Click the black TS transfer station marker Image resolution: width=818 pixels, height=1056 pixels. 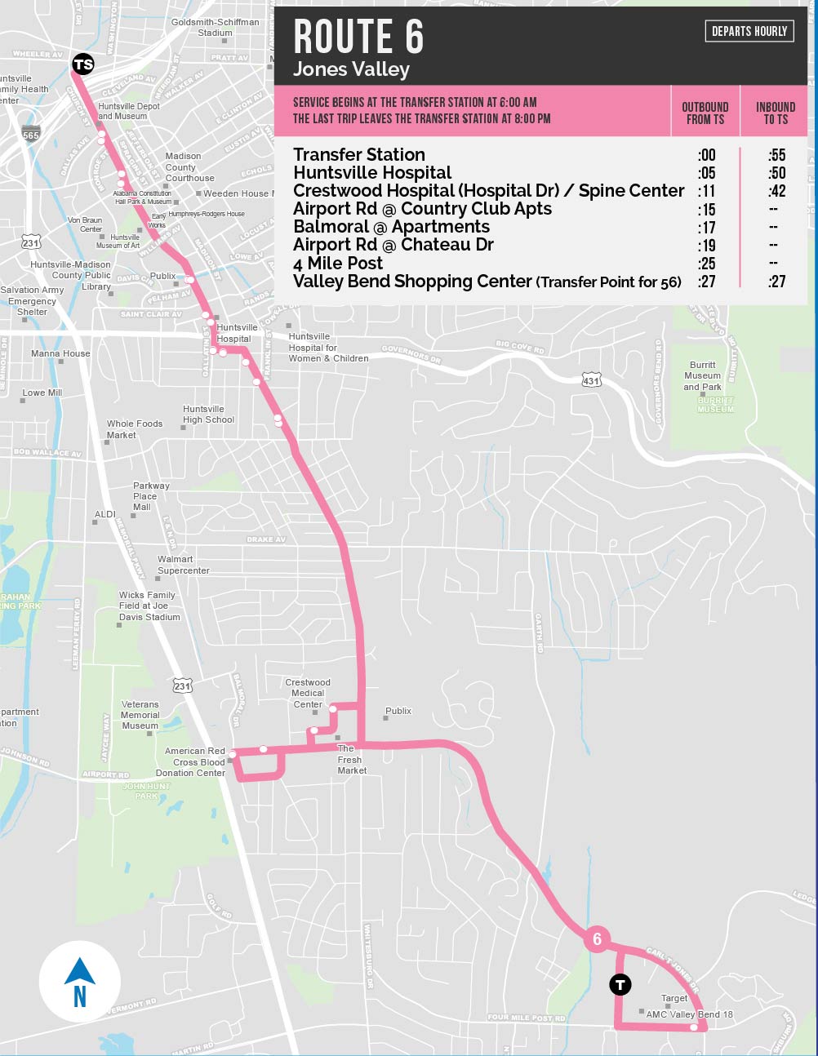tap(83, 64)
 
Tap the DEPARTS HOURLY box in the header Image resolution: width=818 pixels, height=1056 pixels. tap(749, 31)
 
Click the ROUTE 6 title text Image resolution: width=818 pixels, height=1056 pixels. tap(358, 38)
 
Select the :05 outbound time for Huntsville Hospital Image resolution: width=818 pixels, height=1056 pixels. tap(706, 173)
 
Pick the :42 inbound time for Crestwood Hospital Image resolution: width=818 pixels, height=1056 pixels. tap(776, 191)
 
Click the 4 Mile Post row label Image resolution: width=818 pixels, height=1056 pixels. tap(338, 263)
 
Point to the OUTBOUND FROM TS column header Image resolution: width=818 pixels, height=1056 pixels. tap(705, 113)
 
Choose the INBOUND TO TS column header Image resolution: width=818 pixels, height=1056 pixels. tap(776, 113)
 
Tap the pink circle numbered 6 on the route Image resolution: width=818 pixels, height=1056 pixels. tap(597, 939)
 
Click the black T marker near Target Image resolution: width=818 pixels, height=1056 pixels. tap(620, 985)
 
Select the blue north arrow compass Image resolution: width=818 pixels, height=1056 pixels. tap(80, 982)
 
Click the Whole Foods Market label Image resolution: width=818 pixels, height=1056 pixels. tap(135, 429)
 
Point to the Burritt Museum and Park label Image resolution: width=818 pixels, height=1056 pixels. tap(703, 376)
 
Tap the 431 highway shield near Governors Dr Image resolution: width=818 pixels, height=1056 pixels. tap(591, 380)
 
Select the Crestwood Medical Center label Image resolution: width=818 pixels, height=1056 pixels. tap(308, 693)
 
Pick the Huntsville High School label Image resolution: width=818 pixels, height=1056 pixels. tap(208, 415)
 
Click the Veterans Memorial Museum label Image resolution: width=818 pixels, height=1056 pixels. tap(140, 715)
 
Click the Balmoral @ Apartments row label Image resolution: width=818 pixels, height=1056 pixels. tap(391, 227)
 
